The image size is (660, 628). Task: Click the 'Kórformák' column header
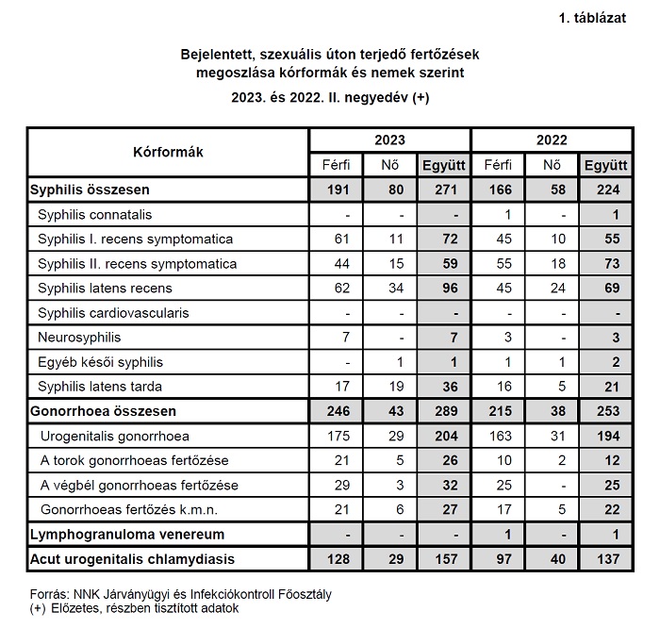click(169, 151)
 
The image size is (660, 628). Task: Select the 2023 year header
click(390, 140)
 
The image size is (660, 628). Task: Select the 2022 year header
click(552, 140)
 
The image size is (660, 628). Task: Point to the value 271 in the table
click(444, 190)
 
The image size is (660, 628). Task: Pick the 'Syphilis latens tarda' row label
click(100, 386)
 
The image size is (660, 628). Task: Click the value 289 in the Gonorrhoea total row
click(444, 411)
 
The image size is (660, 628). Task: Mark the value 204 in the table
click(444, 436)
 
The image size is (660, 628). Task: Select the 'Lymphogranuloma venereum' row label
click(123, 535)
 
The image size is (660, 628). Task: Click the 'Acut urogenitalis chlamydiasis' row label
click(132, 559)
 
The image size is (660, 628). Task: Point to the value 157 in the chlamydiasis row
click(444, 559)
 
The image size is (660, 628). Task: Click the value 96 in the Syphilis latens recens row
click(444, 288)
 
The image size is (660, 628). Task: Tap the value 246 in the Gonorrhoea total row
click(338, 411)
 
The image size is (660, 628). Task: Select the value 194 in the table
click(605, 436)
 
